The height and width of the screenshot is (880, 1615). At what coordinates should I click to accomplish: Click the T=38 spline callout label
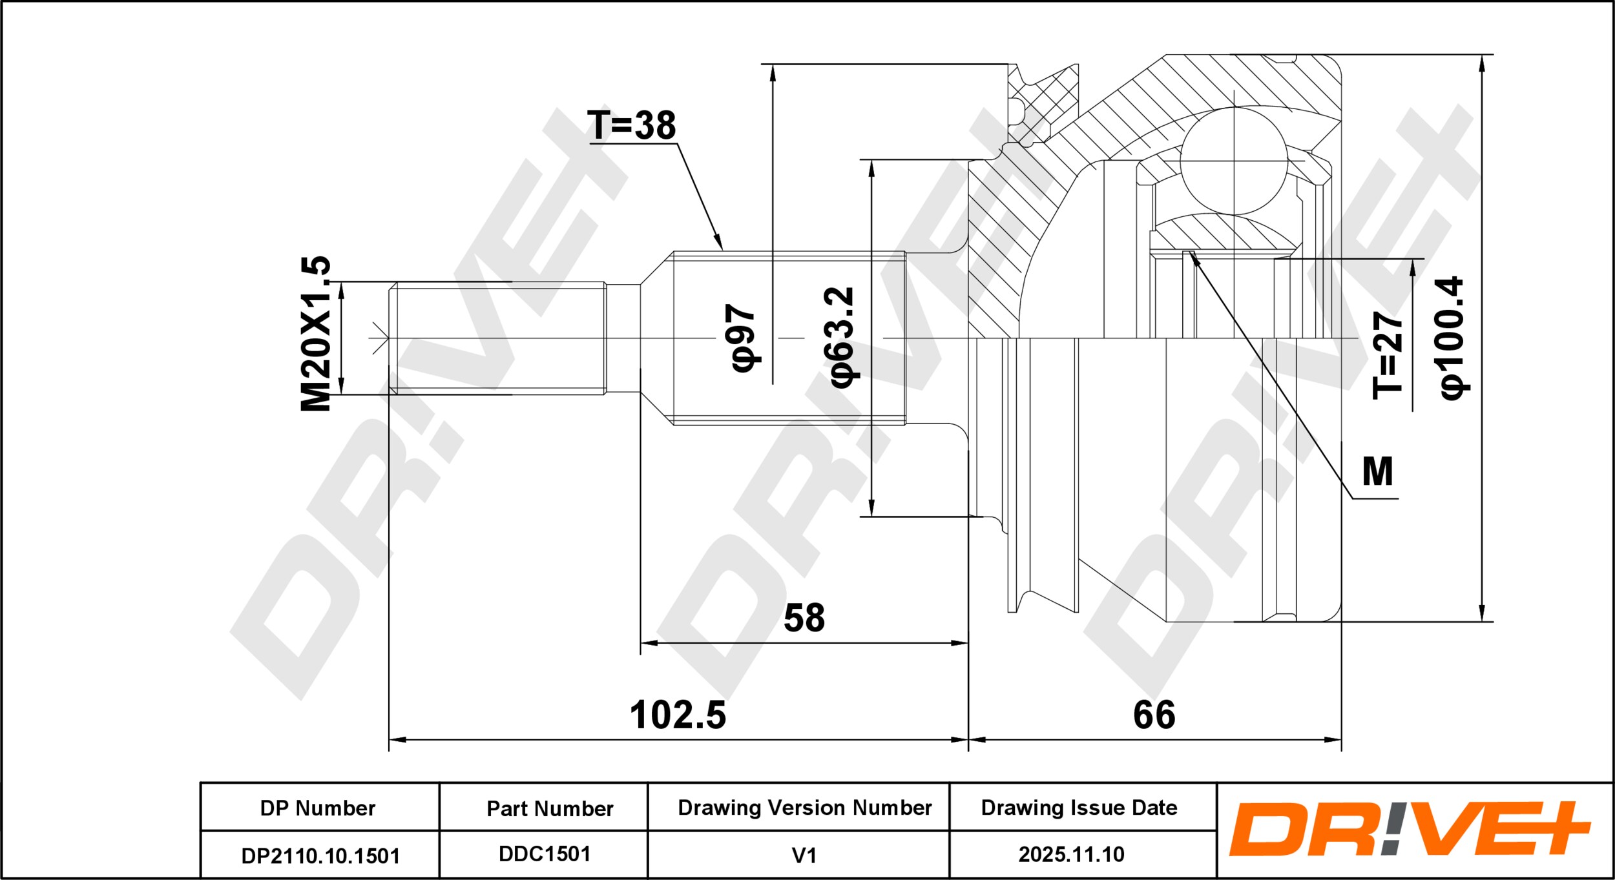(x=631, y=125)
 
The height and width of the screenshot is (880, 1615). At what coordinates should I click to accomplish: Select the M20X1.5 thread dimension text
(x=316, y=333)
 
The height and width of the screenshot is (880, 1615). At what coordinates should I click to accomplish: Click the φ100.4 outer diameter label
(x=1453, y=338)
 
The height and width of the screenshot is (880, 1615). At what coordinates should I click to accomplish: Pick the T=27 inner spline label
(x=1388, y=355)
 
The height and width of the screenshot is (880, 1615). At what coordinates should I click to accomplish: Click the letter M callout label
(x=1377, y=472)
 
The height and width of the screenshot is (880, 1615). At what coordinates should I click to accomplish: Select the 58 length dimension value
(x=804, y=618)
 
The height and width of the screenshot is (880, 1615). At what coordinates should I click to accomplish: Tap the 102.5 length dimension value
(x=678, y=715)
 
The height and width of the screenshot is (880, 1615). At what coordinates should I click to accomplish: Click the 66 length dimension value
(x=1154, y=715)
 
